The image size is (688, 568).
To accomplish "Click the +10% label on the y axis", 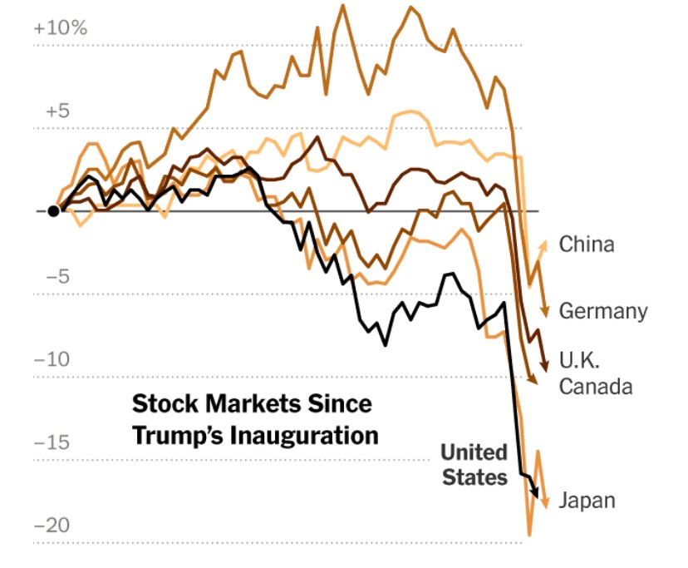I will coord(59,27).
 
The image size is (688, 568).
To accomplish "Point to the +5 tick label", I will coord(49,111).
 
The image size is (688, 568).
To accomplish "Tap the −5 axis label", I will coord(49,277).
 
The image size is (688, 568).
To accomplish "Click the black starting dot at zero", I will coord(53,210).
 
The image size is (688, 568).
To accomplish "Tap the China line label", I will coord(587,244).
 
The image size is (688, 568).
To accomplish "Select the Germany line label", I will coord(602,311).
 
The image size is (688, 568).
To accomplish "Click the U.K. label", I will coord(579,362).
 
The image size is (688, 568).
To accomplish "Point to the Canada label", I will coord(596,387).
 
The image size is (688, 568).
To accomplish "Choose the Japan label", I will coord(587,501).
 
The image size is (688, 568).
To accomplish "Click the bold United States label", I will coord(474,465).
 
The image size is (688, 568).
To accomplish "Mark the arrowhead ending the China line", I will coord(545,243).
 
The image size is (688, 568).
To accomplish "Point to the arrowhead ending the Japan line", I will coord(546,501).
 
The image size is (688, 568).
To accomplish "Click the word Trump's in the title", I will coord(178,435).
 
